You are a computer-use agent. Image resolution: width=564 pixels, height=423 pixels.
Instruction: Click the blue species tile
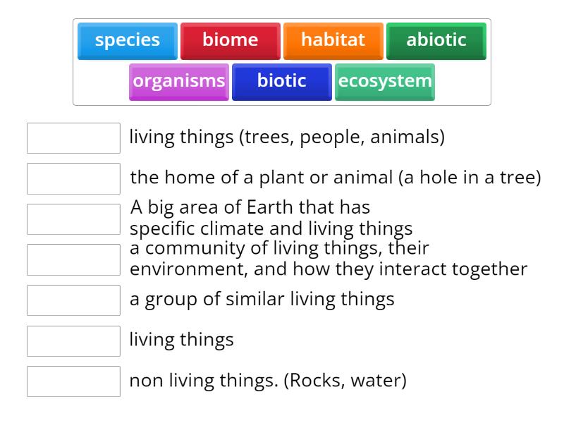(x=127, y=40)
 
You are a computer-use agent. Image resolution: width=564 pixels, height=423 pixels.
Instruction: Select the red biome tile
(x=230, y=40)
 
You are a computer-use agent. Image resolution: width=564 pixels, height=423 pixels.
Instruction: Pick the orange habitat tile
(x=333, y=40)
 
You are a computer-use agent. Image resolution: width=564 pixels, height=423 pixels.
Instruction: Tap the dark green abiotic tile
(x=436, y=40)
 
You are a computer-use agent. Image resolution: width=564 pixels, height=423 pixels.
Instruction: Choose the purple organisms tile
(x=179, y=81)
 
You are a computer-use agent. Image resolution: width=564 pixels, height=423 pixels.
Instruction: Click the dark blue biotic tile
(x=281, y=81)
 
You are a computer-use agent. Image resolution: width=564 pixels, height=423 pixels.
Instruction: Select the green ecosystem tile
(x=385, y=81)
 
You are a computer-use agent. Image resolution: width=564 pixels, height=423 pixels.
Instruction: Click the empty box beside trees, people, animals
(x=73, y=138)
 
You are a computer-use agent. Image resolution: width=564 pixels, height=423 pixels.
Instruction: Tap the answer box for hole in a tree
(x=73, y=178)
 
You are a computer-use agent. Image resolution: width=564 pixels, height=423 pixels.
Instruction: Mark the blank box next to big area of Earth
(x=73, y=219)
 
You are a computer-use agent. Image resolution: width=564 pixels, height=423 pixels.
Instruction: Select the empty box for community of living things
(x=73, y=259)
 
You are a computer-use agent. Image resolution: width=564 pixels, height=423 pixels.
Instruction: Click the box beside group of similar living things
(x=73, y=300)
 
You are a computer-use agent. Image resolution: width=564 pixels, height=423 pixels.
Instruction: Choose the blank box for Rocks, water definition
(x=73, y=381)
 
